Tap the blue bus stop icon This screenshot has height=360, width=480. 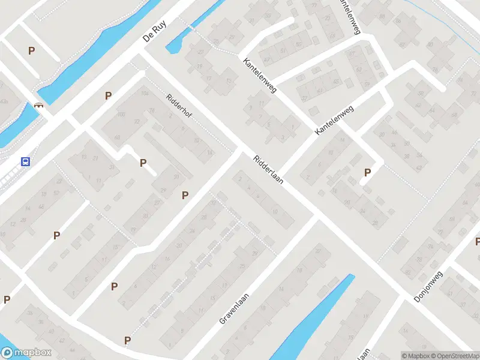tap(26, 161)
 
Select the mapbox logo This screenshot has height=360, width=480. tap(26, 353)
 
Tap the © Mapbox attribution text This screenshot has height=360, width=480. tap(416, 356)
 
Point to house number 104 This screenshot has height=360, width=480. tap(145, 94)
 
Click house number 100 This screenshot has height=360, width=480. tap(121, 114)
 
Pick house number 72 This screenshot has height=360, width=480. tap(137, 122)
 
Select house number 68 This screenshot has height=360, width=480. tap(117, 137)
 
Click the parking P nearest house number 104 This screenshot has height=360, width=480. tap(108, 95)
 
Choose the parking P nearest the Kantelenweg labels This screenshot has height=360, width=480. tap(367, 173)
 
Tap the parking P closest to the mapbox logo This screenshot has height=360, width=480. tap(7, 299)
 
